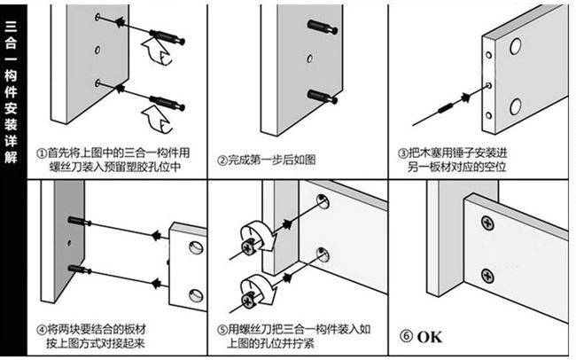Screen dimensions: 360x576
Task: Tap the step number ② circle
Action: coord(222,160)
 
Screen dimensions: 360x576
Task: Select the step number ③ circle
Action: coord(402,152)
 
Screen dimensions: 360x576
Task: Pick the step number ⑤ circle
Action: coord(222,330)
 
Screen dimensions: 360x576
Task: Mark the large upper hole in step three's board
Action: coord(515,59)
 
